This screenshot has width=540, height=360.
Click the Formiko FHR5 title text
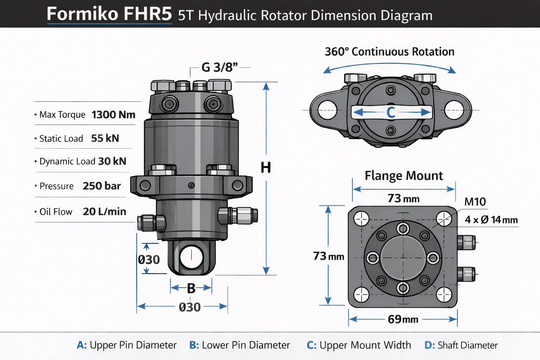[x=109, y=14]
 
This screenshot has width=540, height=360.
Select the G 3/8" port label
[x=219, y=67]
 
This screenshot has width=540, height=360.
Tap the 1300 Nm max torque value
[x=113, y=115]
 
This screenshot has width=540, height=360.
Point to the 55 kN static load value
[x=105, y=138]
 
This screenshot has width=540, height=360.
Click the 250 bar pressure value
[x=102, y=186]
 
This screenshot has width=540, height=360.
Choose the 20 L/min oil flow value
[x=104, y=211]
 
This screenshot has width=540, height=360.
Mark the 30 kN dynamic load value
[x=112, y=161]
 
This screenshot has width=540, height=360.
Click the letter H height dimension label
[x=266, y=168]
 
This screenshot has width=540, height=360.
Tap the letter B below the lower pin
[x=191, y=288]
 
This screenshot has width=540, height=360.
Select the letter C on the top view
[x=391, y=112]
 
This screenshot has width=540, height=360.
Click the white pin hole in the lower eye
[x=191, y=257]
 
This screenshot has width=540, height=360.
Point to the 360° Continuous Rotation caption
[x=390, y=52]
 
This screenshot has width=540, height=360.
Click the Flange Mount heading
[x=404, y=175]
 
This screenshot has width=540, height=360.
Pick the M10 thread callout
[x=475, y=202]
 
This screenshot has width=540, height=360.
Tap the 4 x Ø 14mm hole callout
[x=491, y=220]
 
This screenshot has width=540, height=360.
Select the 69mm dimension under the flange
[x=403, y=319]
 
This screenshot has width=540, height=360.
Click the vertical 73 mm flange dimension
[x=328, y=256]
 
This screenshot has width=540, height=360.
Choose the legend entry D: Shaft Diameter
[x=461, y=345]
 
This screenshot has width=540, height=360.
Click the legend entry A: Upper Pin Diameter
[x=127, y=345]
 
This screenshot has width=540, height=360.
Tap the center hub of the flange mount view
[x=403, y=258]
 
